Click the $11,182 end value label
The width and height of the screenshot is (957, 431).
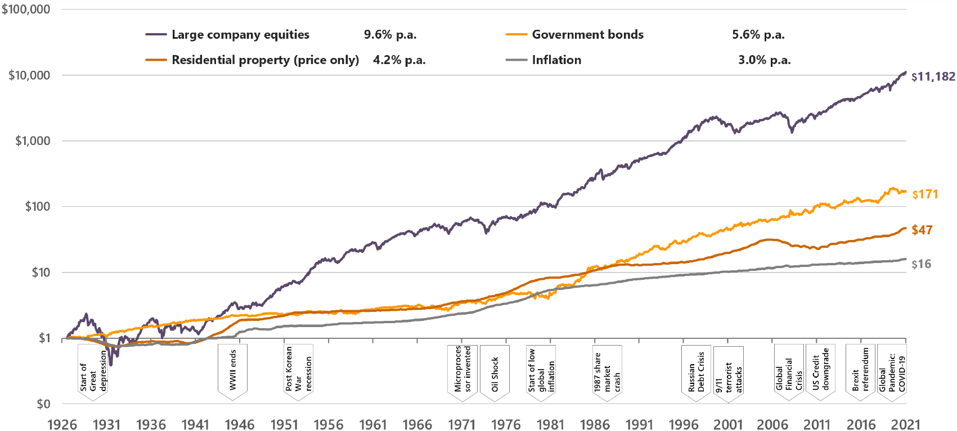tap(933, 77)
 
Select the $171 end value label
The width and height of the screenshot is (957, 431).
tap(925, 194)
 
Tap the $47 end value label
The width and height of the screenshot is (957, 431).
tap(922, 230)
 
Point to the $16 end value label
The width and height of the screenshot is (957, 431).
tap(921, 264)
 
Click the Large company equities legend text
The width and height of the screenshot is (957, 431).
tap(240, 35)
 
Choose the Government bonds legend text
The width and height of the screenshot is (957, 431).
tap(587, 35)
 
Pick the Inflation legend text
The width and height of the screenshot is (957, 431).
tap(556, 60)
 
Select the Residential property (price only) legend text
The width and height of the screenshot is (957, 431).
tap(265, 60)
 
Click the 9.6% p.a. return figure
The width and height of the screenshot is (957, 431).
tap(390, 35)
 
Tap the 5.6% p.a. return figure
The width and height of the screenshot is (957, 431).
tap(758, 35)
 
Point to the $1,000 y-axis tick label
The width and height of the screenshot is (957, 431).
tap(33, 141)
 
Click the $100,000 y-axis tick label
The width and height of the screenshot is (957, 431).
tap(26, 10)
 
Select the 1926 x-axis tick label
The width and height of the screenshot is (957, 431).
tap(62, 424)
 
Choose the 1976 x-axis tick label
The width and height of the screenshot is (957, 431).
tap(506, 424)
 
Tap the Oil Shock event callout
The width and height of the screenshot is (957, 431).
tap(495, 373)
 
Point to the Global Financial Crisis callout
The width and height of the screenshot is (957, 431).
tap(789, 373)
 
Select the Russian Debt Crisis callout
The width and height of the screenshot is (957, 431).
tap(696, 371)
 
